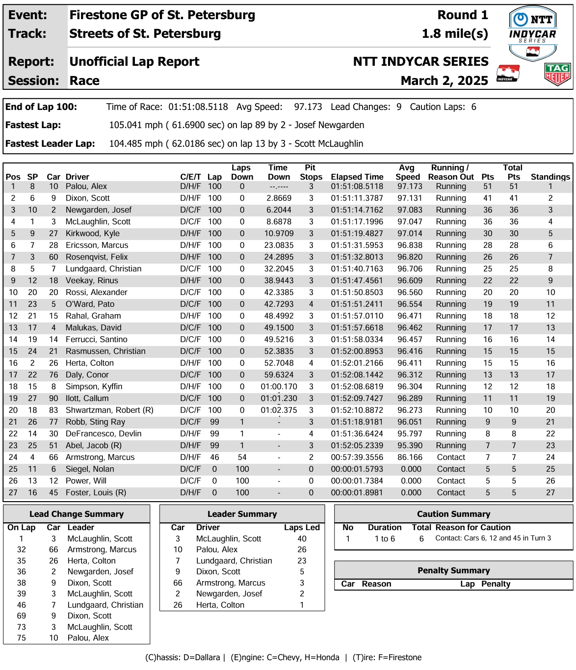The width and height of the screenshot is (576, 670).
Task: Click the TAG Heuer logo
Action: tap(557, 75)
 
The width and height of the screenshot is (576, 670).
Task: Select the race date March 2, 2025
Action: tap(444, 80)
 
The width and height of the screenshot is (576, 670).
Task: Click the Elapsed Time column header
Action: tap(357, 177)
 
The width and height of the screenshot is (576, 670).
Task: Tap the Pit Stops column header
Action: tap(311, 172)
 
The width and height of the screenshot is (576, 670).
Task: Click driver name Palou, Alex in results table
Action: tap(86, 187)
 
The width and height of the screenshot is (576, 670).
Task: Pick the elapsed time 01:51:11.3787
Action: tap(357, 198)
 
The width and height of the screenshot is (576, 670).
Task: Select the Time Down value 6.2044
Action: tap(279, 210)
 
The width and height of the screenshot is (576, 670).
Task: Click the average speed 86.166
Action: tap(410, 457)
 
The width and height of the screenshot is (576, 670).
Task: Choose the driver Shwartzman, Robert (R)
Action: tap(109, 410)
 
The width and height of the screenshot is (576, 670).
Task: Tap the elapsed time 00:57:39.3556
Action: tap(357, 457)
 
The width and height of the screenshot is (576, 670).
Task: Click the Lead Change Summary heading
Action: tap(77, 514)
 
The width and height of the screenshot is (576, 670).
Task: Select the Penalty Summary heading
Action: tap(453, 570)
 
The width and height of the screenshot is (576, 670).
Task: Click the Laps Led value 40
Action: tap(302, 538)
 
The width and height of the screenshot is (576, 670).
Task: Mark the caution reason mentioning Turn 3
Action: tap(493, 538)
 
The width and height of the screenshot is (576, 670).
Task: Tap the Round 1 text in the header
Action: tap(462, 15)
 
